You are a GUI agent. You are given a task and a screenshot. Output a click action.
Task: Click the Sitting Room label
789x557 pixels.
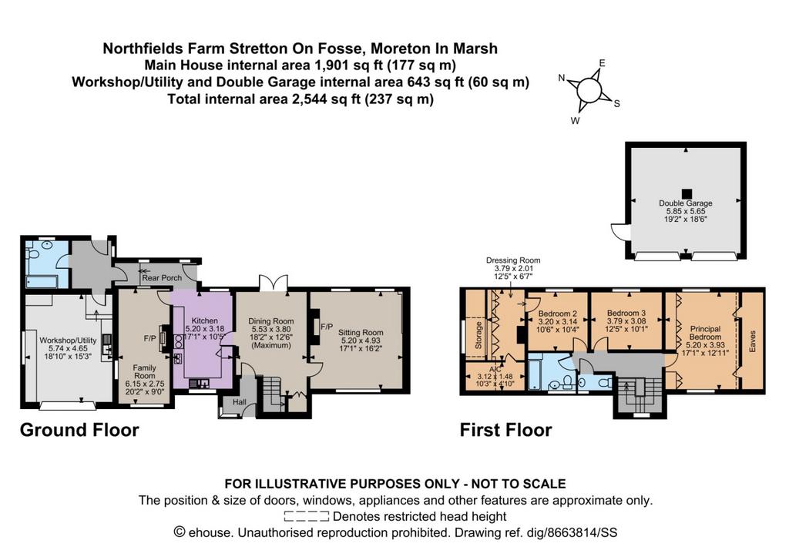coord(361,333)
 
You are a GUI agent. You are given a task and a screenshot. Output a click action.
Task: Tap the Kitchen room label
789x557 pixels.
coord(205,321)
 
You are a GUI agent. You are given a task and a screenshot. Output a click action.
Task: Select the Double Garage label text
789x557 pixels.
coord(685,203)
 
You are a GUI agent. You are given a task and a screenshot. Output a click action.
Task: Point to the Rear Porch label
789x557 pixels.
coord(162,278)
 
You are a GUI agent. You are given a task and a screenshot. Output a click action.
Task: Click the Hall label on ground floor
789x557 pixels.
coord(240,402)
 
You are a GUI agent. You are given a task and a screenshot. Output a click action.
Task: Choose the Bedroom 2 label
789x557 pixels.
coord(558,314)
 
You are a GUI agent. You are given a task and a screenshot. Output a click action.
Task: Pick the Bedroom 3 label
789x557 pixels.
coord(626,313)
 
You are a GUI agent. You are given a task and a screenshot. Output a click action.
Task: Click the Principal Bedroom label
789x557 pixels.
coord(705,333)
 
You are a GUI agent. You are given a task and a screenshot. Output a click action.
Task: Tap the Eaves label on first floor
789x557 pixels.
coord(753,341)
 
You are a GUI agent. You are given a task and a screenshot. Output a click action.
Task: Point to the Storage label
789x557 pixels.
coord(478,335)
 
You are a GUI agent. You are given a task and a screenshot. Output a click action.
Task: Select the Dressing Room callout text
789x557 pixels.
coord(513,260)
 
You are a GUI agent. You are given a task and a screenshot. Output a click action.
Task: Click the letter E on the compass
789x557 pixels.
coord(602,63)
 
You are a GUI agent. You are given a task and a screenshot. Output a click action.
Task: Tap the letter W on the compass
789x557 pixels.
coord(575,121)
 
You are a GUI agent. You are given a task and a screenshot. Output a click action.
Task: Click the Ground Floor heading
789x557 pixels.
coord(79,430)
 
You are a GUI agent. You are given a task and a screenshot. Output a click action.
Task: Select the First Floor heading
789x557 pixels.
coord(505,430)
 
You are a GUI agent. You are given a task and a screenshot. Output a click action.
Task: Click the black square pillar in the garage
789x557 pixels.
coord(687,193)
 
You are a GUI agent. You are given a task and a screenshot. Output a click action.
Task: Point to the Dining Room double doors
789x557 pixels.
coord(274,282)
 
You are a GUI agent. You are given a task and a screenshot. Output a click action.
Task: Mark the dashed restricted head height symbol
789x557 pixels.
coord(307,516)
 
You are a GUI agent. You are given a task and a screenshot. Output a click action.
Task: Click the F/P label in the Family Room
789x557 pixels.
coord(149,339)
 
